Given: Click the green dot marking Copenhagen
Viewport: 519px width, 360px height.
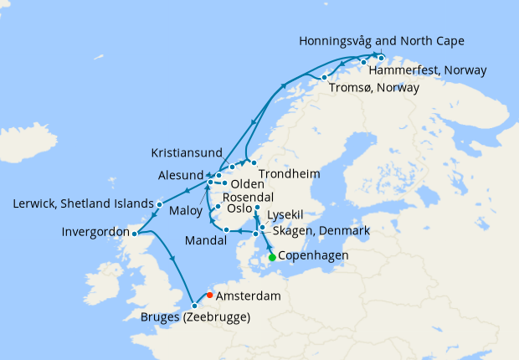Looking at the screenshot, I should (x=272, y=257).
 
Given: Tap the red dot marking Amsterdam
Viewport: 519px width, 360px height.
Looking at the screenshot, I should (x=209, y=295).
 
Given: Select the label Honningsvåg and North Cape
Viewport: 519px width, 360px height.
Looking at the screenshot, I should (x=381, y=41).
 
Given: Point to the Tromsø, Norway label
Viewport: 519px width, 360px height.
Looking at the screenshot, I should (x=373, y=89).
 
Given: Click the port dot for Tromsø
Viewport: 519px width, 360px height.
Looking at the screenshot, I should (x=324, y=78).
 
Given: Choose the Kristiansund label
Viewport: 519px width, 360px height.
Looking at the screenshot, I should (x=187, y=153).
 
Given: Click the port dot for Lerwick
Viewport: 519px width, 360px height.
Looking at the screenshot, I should (x=160, y=203).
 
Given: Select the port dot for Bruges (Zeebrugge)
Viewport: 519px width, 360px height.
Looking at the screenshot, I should (x=194, y=305).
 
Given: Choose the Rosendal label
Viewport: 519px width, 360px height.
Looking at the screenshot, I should (x=243, y=197).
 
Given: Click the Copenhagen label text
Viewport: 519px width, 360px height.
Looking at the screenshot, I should (x=314, y=256).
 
